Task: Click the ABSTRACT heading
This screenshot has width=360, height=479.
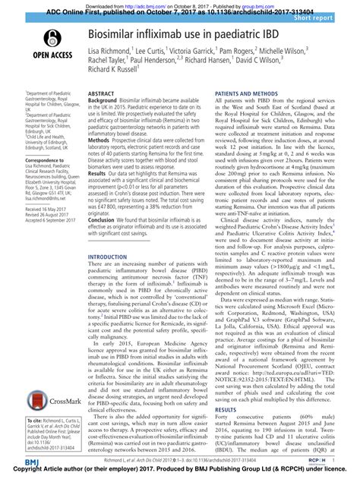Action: (x=102, y=93)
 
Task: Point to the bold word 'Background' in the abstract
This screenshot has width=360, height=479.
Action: (x=103, y=100)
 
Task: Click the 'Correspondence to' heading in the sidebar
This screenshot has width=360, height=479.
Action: (x=37, y=162)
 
